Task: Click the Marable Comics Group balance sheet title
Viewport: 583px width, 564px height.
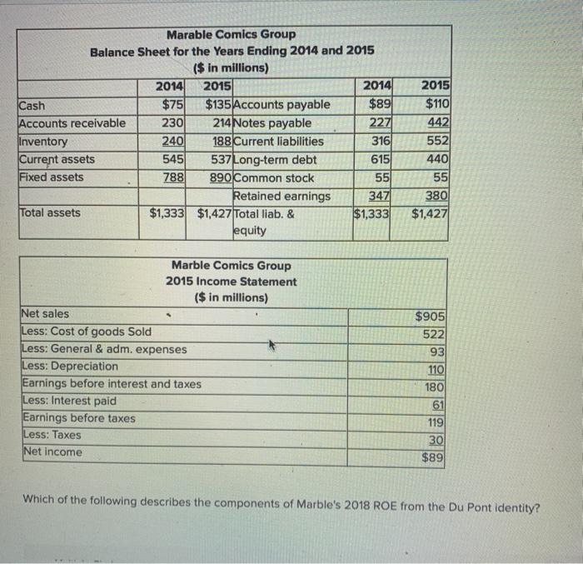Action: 231,34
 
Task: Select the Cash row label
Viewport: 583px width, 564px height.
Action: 32,105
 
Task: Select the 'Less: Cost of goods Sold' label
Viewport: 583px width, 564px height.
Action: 86,332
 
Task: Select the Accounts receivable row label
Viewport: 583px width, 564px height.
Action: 72,123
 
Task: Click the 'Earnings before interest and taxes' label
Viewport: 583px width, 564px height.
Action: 111,384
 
